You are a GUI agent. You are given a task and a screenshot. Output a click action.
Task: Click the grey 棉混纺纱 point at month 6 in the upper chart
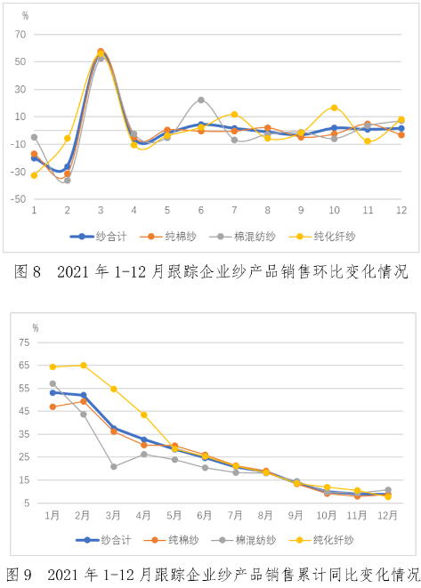tap(201, 101)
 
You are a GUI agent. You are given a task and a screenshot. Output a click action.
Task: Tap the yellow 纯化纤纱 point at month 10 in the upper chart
tap(335, 108)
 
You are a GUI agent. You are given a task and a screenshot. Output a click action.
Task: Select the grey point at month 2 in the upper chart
tap(67, 181)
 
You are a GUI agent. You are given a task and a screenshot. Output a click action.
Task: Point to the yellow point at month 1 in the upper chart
tap(34, 175)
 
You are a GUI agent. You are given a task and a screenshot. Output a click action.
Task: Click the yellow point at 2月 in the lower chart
tap(84, 366)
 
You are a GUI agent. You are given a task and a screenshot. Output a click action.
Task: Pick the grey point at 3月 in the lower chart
tap(114, 466)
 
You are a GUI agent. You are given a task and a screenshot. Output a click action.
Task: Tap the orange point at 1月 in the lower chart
tap(53, 407)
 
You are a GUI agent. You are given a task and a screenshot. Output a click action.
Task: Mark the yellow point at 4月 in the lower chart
tap(144, 415)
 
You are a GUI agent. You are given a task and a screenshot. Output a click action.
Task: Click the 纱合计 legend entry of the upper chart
tap(98, 237)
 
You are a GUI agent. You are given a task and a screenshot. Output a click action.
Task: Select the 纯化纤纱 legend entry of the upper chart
tap(322, 237)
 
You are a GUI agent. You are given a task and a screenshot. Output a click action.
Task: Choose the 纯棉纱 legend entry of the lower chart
tap(171, 540)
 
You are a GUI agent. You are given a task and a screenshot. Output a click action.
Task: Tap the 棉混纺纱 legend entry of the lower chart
tap(244, 540)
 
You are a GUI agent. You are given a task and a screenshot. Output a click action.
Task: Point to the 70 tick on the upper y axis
tap(20, 35)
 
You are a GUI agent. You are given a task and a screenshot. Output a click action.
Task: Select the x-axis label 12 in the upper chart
tap(401, 210)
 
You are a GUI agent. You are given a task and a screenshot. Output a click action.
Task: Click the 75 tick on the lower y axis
tap(24, 342)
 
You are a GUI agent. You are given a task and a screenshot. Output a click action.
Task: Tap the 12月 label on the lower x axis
tap(387, 515)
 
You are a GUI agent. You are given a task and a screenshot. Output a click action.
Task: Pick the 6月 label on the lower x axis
tap(205, 515)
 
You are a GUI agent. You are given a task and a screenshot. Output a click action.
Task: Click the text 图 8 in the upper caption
tap(28, 271)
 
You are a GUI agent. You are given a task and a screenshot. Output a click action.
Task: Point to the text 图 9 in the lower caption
tap(19, 575)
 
